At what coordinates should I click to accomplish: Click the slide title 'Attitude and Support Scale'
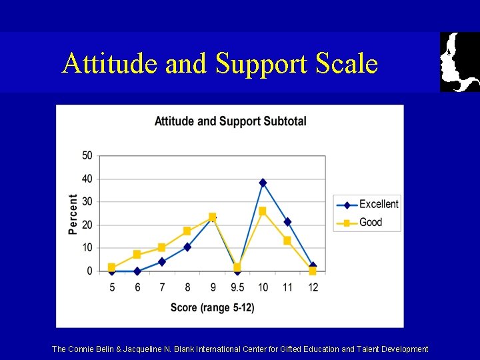pyautogui.click(x=220, y=63)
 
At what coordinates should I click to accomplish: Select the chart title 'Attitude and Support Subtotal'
pyautogui.click(x=230, y=121)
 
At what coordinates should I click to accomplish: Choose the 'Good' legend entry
pyautogui.click(x=370, y=222)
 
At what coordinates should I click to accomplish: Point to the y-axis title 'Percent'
pyautogui.click(x=73, y=213)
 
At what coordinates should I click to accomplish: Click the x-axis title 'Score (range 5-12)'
pyautogui.click(x=212, y=307)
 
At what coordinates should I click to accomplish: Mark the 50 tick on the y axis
pyautogui.click(x=87, y=156)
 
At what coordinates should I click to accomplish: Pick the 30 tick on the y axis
pyautogui.click(x=87, y=202)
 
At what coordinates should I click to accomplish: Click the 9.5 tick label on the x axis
pyautogui.click(x=237, y=287)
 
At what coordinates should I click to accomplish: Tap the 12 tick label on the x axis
pyautogui.click(x=313, y=287)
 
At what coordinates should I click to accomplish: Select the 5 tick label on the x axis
pyautogui.click(x=111, y=287)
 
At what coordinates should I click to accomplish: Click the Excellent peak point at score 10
pyautogui.click(x=263, y=183)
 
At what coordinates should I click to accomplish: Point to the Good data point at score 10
pyautogui.click(x=263, y=211)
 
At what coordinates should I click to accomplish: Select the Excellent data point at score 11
pyautogui.click(x=287, y=222)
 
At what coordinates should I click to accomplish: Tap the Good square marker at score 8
pyautogui.click(x=187, y=231)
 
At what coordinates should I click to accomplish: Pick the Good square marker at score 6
pyautogui.click(x=137, y=255)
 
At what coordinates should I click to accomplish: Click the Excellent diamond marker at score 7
pyautogui.click(x=162, y=262)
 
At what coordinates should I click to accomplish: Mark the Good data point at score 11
pyautogui.click(x=287, y=241)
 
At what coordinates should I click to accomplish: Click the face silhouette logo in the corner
pyautogui.click(x=460, y=61)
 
